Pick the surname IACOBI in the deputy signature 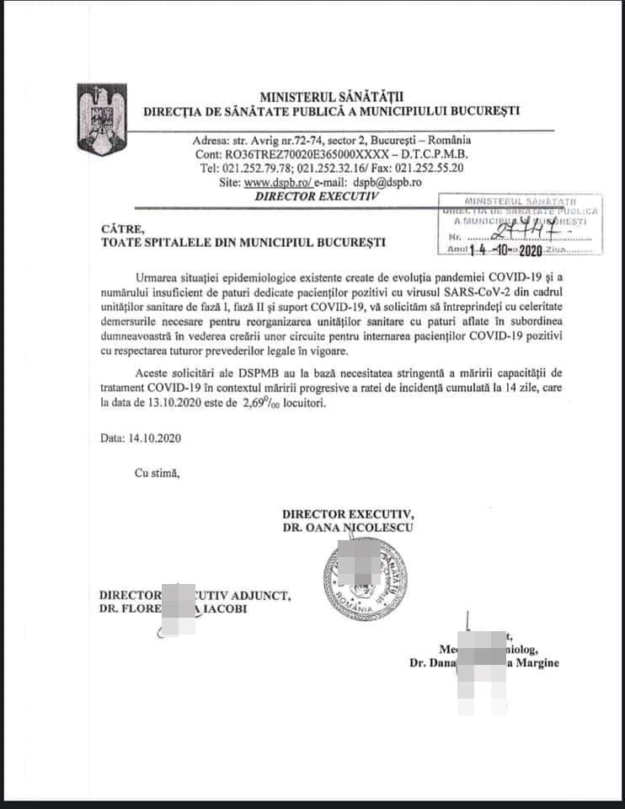pyautogui.click(x=223, y=609)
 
